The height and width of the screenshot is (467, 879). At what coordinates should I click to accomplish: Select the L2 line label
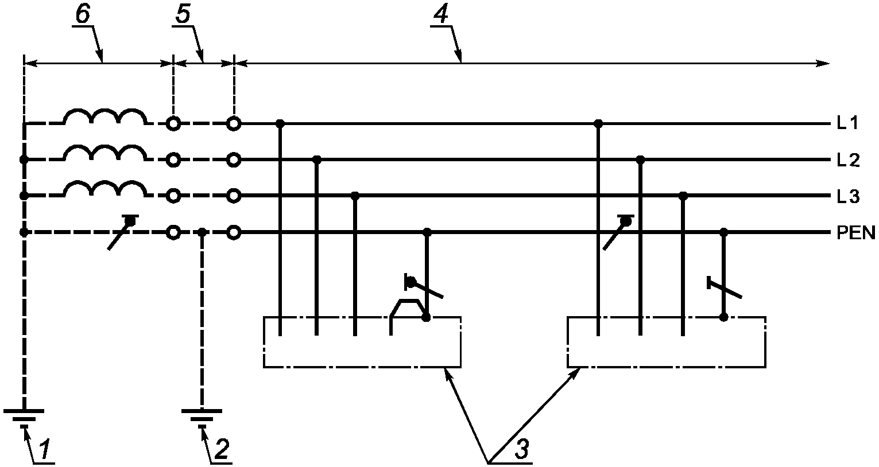(849, 160)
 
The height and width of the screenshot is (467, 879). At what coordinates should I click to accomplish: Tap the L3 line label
(849, 196)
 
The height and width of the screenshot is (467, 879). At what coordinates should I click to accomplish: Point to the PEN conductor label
(856, 234)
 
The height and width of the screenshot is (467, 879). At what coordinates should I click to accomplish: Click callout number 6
(83, 14)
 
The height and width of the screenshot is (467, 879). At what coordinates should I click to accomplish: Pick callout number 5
(183, 14)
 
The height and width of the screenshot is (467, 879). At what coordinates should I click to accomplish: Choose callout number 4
(441, 14)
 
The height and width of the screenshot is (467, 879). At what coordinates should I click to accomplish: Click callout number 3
(522, 449)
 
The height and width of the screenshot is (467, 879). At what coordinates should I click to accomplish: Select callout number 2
(222, 449)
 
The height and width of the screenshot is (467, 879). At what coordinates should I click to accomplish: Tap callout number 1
(45, 449)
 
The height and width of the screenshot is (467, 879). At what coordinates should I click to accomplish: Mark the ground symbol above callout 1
(24, 418)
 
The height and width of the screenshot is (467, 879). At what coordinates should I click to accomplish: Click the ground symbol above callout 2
(202, 418)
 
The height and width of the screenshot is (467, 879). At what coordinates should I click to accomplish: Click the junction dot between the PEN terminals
(202, 232)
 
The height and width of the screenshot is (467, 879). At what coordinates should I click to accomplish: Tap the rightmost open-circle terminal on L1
(234, 124)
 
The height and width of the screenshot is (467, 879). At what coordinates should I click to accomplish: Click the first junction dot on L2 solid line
(317, 159)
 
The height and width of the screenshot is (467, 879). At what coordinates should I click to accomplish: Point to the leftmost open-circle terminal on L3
(173, 196)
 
